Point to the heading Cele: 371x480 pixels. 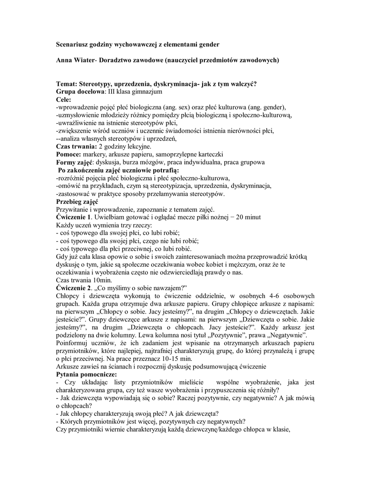(x=64, y=100)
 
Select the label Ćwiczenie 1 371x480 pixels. (x=73, y=217)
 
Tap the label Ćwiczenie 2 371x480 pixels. (x=73, y=288)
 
